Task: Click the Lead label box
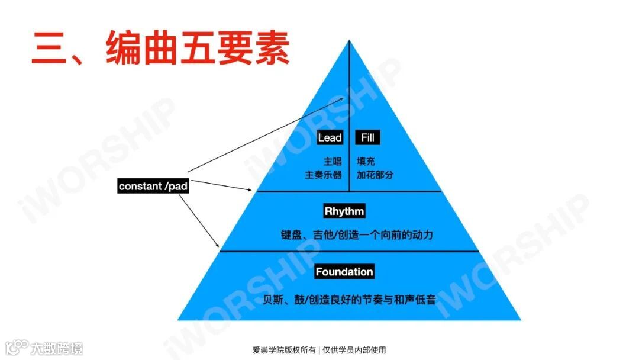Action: click(x=330, y=138)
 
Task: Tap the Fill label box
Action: click(x=367, y=138)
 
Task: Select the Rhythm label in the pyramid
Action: click(x=344, y=211)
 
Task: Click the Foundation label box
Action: click(x=344, y=272)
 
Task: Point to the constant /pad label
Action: click(x=153, y=187)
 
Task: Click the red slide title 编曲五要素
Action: click(x=160, y=47)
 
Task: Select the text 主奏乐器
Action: click(x=323, y=175)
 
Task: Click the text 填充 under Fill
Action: click(x=366, y=161)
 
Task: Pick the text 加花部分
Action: click(x=375, y=175)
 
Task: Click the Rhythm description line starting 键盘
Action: click(x=357, y=234)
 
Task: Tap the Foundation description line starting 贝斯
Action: click(x=349, y=300)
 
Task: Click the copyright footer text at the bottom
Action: click(x=319, y=350)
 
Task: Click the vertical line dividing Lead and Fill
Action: click(x=349, y=118)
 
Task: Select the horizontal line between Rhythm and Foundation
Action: click(x=349, y=251)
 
